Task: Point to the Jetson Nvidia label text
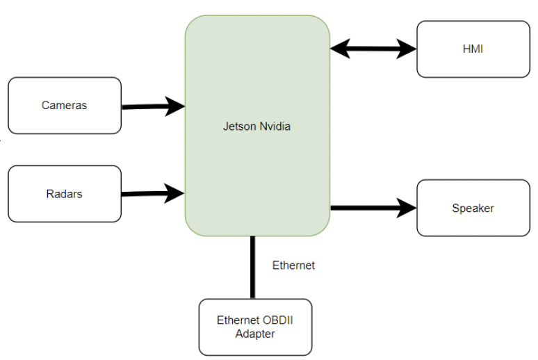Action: [256, 126]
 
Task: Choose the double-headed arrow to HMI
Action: [373, 49]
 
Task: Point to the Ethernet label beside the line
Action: [293, 265]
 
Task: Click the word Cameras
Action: [65, 106]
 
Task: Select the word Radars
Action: [65, 194]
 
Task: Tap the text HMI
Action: [473, 49]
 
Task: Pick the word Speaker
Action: [473, 208]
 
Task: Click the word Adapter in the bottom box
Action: [255, 334]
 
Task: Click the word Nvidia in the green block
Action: [273, 126]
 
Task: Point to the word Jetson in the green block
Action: [238, 126]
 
